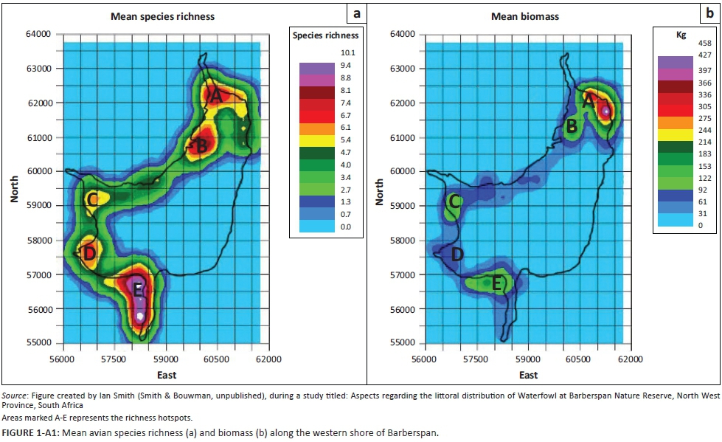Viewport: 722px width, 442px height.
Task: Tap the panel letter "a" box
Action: pyautogui.click(x=356, y=13)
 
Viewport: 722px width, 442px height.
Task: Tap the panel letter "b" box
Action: pyautogui.click(x=711, y=13)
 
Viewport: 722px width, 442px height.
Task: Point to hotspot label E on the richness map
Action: pyautogui.click(x=138, y=290)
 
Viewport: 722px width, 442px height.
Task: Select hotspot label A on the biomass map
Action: pyautogui.click(x=589, y=101)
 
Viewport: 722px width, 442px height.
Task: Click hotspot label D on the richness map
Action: pyautogui.click(x=89, y=254)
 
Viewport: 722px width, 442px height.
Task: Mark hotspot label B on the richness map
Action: pyautogui.click(x=201, y=146)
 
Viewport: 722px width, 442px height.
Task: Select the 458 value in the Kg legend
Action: pyautogui.click(x=704, y=44)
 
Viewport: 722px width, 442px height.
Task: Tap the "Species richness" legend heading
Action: pyautogui.click(x=325, y=35)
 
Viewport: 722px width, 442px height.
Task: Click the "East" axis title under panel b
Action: pyautogui.click(x=528, y=375)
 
